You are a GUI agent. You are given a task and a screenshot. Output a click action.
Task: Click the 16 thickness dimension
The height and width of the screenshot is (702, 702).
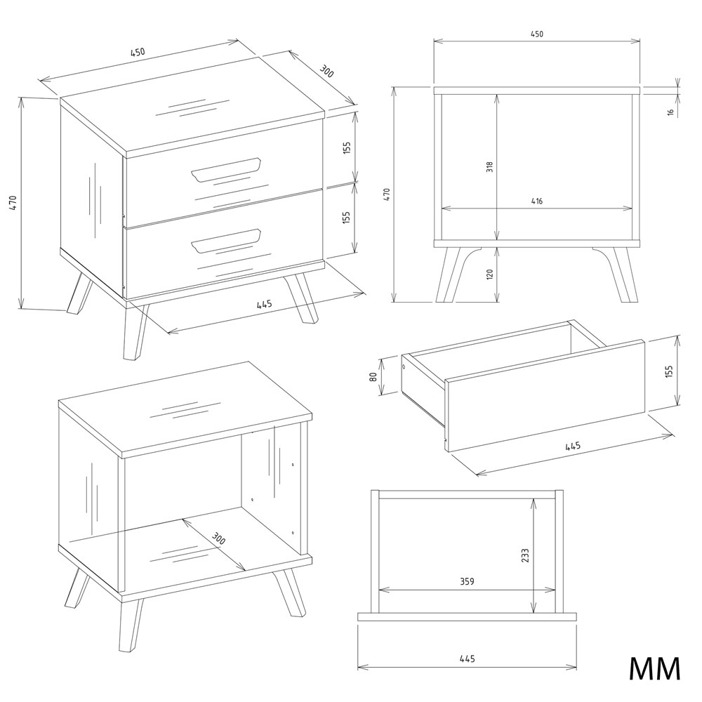click(670, 112)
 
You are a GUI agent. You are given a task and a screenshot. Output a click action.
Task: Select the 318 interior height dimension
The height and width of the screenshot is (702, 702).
click(490, 167)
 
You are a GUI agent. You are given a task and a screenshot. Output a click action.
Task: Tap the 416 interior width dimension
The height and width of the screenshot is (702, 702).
click(537, 201)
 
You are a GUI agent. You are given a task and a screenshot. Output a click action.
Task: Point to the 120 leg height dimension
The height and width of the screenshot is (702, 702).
click(490, 274)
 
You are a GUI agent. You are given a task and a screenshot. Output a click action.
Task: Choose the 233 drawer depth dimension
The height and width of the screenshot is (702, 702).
click(525, 555)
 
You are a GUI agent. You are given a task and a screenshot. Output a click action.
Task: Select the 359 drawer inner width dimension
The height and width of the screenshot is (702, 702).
click(467, 581)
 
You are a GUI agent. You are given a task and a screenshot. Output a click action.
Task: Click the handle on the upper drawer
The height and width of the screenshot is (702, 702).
click(226, 170)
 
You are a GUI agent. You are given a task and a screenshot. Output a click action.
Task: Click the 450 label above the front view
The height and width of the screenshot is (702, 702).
click(537, 34)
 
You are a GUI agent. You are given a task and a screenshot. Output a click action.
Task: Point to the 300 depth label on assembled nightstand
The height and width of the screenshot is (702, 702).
click(327, 70)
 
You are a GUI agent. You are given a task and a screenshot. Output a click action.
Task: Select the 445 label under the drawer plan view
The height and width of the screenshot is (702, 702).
click(467, 658)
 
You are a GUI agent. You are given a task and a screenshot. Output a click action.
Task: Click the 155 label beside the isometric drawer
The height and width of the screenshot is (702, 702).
click(669, 371)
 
